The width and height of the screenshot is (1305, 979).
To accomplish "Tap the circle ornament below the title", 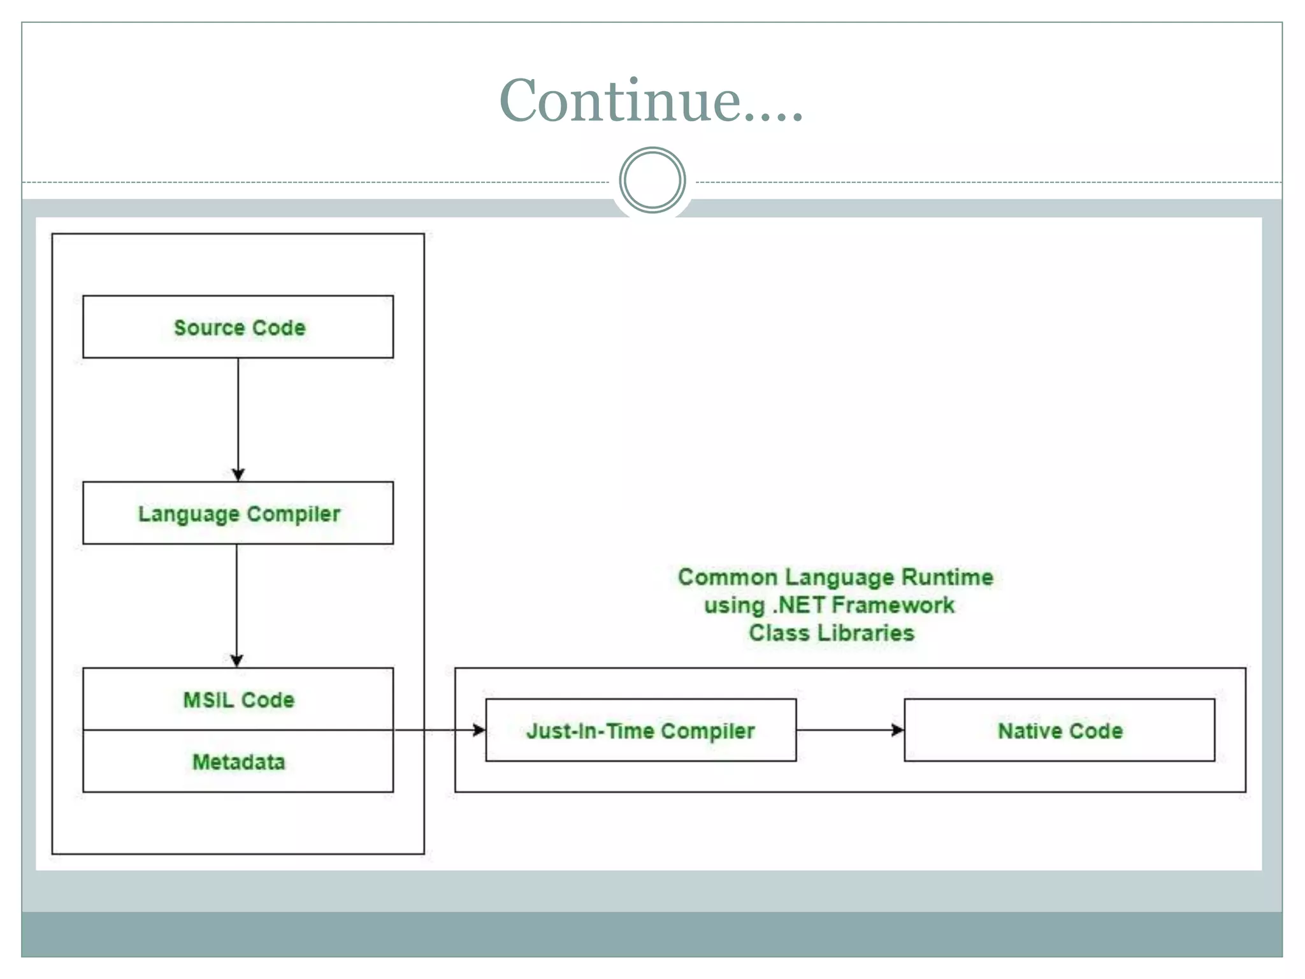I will coord(652,180).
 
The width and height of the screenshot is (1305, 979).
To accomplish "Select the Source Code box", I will coord(238,326).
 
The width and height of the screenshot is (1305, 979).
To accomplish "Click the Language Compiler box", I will coord(238,513).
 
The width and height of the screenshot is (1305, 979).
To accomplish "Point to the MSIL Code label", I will coord(239,700).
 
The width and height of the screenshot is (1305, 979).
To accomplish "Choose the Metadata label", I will coord(239,762).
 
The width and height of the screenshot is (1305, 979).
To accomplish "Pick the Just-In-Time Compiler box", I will coord(640,730).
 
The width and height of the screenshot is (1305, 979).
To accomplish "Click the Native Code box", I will coord(1059,730).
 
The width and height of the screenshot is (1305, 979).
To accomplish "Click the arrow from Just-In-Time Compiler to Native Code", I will coord(849,730).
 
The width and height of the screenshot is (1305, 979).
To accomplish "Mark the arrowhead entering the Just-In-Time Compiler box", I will coord(479,730).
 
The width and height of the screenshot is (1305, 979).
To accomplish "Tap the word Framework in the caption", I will coord(893,605).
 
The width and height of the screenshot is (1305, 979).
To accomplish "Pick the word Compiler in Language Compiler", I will coord(294,514).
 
